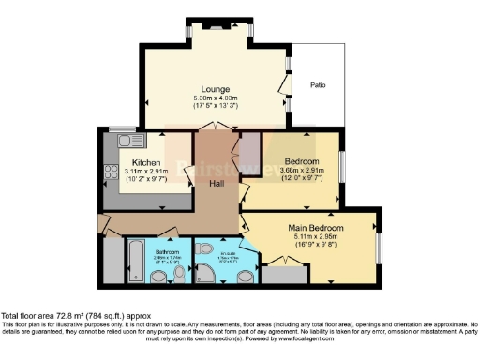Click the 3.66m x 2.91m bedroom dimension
306,170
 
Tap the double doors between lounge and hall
218,127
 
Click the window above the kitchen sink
121,128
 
